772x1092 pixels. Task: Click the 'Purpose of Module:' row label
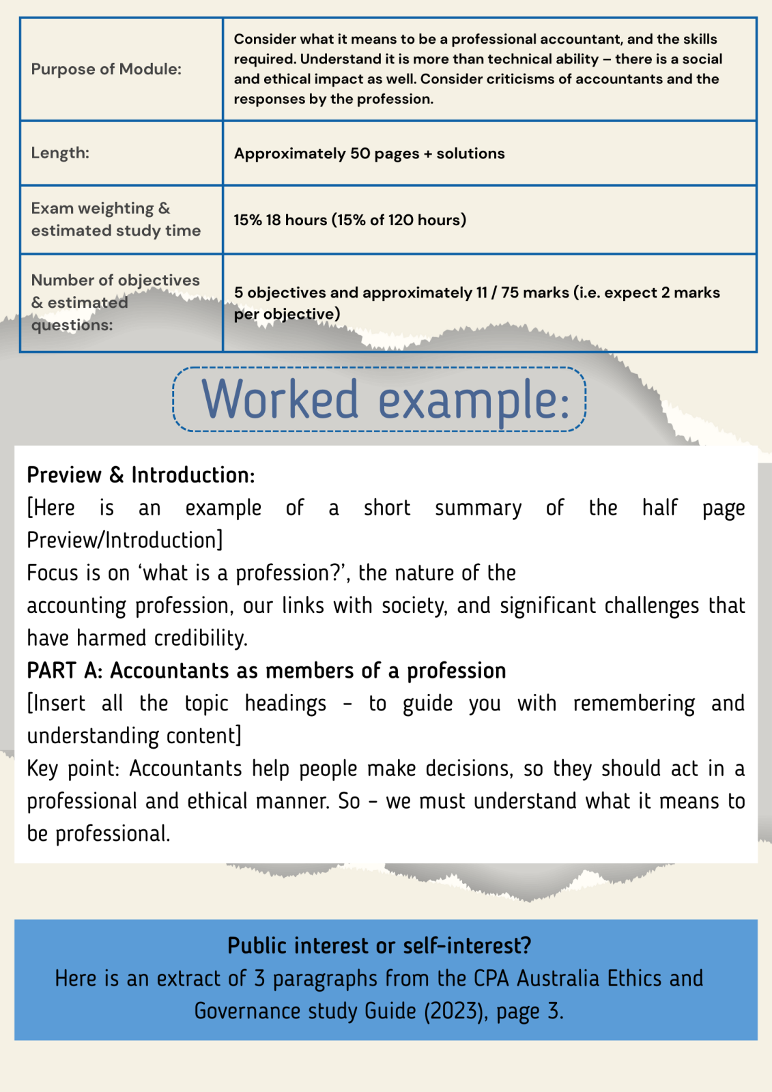pos(106,69)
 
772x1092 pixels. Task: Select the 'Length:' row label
pos(60,153)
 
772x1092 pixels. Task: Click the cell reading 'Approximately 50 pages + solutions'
pos(369,154)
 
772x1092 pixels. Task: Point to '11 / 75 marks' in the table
pos(522,293)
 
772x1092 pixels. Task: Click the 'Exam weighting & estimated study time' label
pos(115,219)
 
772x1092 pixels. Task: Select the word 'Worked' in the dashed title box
pos(280,399)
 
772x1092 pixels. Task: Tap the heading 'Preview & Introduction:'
pos(141,475)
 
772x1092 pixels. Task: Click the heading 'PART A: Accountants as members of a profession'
pos(266,671)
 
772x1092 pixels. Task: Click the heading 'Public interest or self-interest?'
pos(379,946)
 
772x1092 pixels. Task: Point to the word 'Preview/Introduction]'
pos(125,541)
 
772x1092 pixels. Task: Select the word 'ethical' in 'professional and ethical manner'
pos(217,801)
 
